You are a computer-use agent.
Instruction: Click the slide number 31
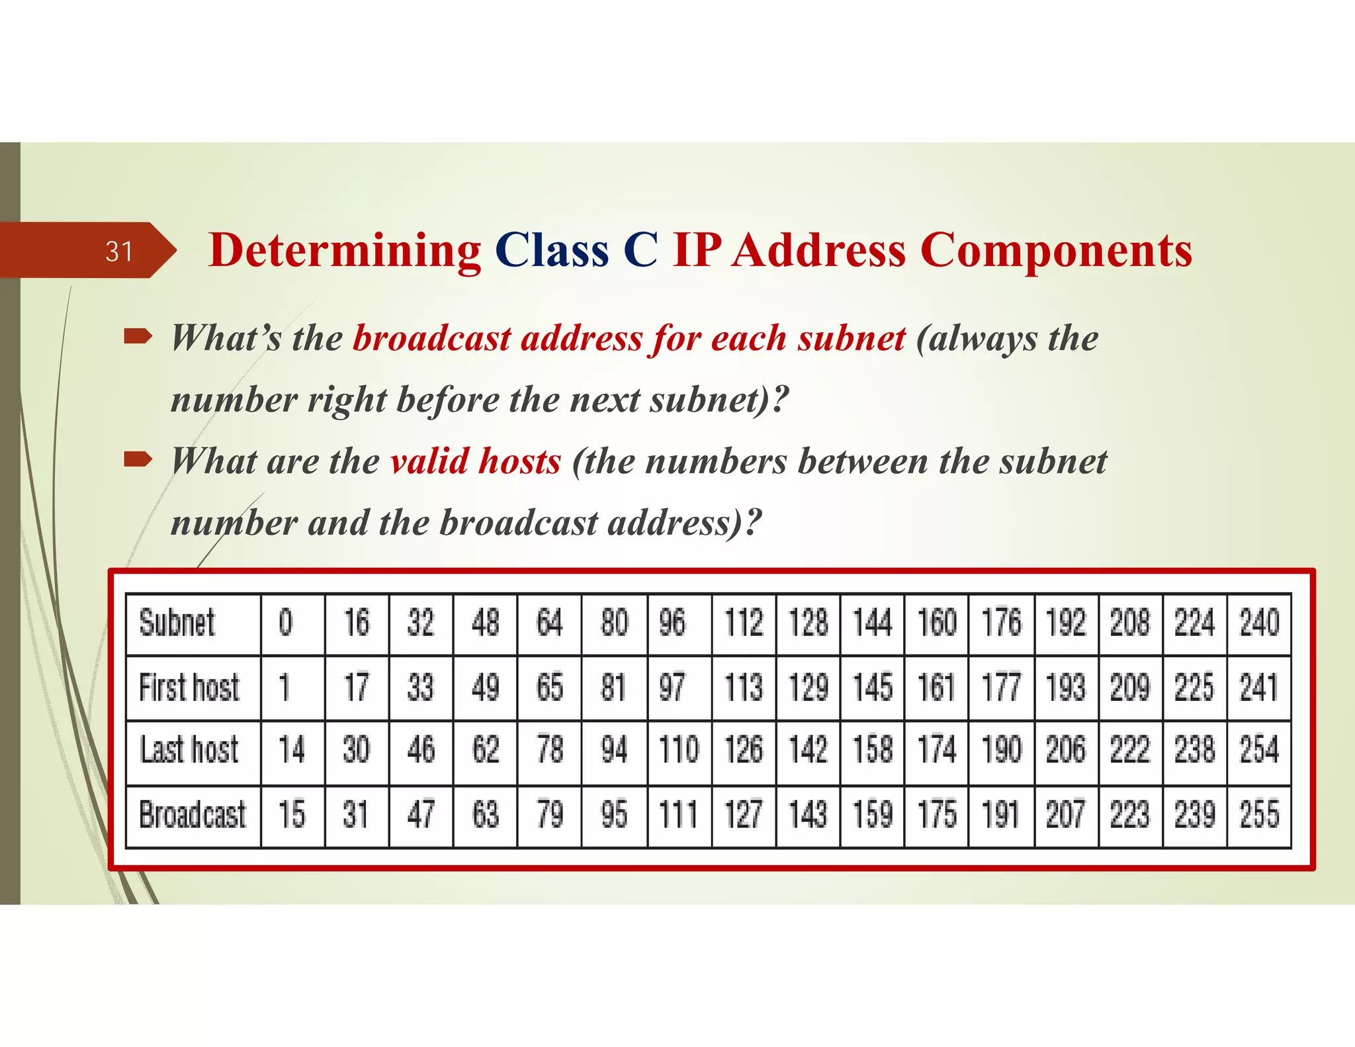click(x=119, y=251)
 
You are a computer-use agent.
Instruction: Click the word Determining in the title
click(x=345, y=251)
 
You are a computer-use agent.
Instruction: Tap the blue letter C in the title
click(x=640, y=251)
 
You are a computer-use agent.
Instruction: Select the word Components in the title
click(x=1056, y=251)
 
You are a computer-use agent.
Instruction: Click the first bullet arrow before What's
click(x=138, y=338)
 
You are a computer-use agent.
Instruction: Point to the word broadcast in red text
click(x=431, y=338)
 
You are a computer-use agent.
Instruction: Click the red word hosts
click(x=519, y=461)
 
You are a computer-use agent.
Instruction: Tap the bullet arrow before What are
click(x=138, y=459)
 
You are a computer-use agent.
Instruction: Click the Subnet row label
click(x=177, y=623)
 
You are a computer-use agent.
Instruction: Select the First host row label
click(x=189, y=687)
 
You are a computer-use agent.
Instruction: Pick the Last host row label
click(x=189, y=751)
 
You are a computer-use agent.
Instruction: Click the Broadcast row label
click(x=192, y=815)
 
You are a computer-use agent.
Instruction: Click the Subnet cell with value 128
click(x=808, y=623)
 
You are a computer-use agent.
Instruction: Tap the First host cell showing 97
click(x=672, y=687)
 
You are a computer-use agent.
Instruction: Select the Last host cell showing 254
click(x=1259, y=751)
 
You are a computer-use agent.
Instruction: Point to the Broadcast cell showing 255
click(x=1259, y=815)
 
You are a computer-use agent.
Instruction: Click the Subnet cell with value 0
click(x=285, y=623)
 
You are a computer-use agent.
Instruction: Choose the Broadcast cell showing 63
click(x=485, y=815)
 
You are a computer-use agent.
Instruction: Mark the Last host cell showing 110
click(x=679, y=751)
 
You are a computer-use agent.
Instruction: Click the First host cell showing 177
click(x=1001, y=687)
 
